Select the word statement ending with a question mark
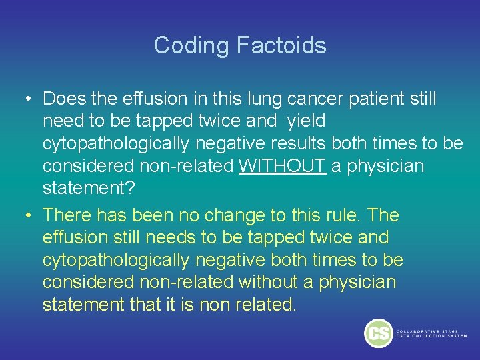[89, 187]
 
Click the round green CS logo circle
[379, 333]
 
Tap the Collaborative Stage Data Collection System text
[431, 333]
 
